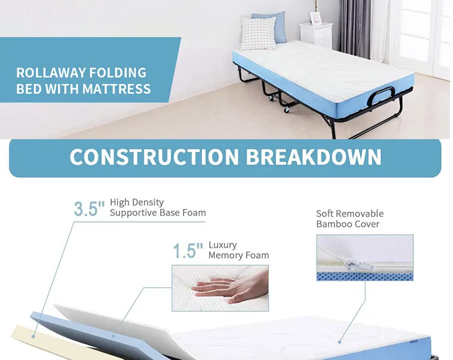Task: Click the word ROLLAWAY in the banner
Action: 51,73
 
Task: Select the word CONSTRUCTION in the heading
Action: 154,157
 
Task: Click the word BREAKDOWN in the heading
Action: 314,157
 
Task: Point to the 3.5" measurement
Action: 89,209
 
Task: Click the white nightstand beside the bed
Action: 316,35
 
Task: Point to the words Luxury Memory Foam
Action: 238,250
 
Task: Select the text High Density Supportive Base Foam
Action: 157,208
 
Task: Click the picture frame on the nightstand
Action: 315,18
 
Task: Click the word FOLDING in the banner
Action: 118,73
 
